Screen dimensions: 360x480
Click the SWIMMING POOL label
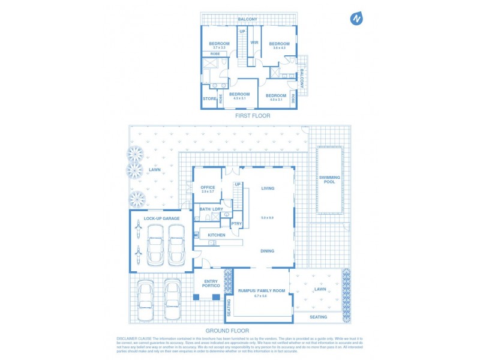click(x=329, y=180)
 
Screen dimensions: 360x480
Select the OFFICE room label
click(x=208, y=188)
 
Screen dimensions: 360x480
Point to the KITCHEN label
click(x=217, y=235)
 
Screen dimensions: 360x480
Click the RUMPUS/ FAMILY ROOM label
click(x=262, y=290)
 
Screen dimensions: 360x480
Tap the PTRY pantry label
click(x=236, y=223)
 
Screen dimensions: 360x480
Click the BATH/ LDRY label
click(x=211, y=209)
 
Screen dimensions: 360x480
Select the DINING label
click(x=268, y=251)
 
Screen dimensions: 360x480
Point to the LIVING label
click(x=268, y=188)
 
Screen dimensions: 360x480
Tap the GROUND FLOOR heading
click(x=227, y=331)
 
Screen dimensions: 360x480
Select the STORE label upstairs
click(x=209, y=99)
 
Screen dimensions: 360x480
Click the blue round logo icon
click(x=357, y=19)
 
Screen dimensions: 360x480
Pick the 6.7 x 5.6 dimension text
click(x=262, y=296)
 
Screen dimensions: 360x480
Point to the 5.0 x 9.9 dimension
click(x=268, y=218)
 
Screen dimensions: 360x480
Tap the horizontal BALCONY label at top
click(x=247, y=20)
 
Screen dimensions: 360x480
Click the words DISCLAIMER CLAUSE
click(x=134, y=339)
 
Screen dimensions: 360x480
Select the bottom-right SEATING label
click(x=319, y=317)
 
